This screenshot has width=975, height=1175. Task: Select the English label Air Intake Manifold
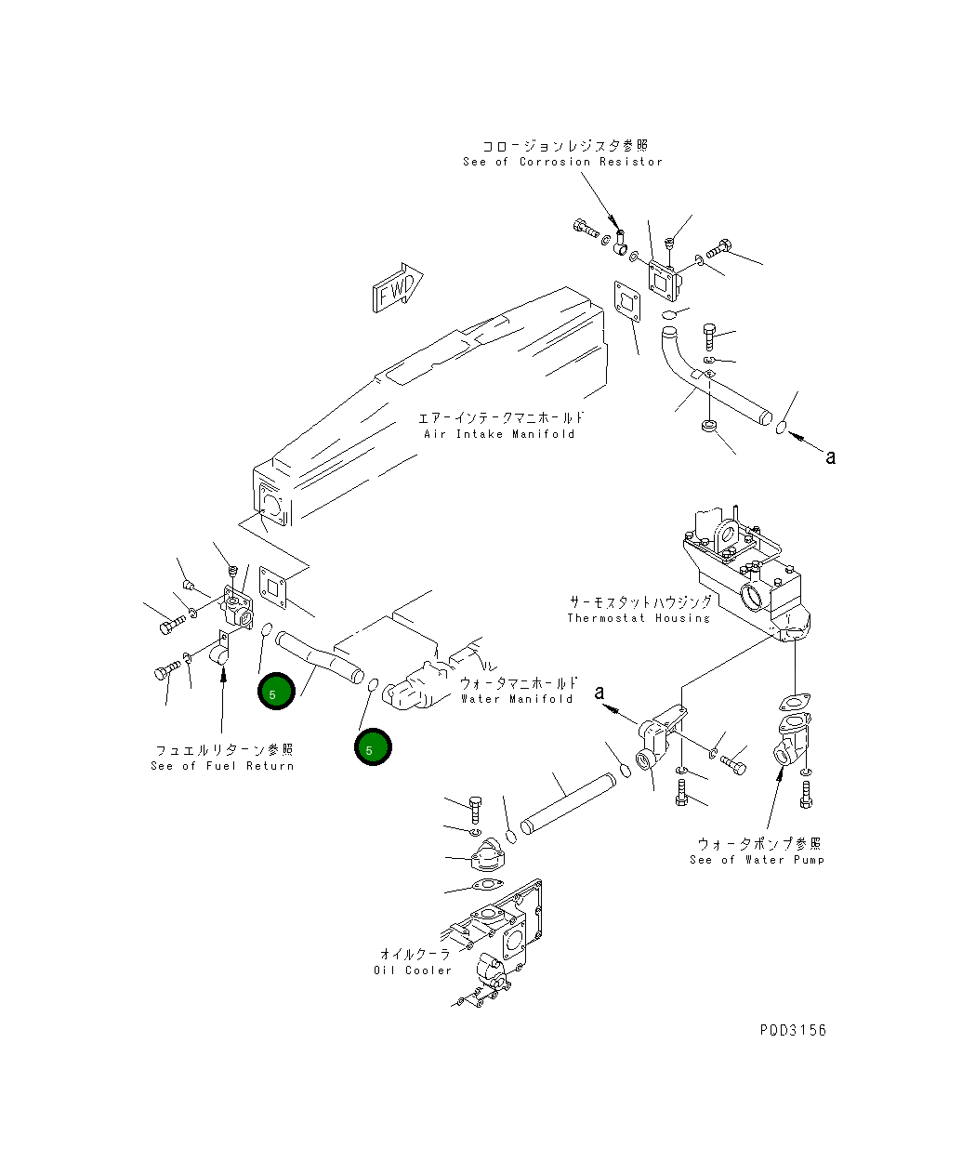pyautogui.click(x=499, y=433)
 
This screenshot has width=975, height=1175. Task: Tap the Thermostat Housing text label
pyautogui.click(x=639, y=618)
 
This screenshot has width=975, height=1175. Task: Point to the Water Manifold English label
pyautogui.click(x=517, y=698)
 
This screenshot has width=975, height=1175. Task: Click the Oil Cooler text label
pyautogui.click(x=413, y=970)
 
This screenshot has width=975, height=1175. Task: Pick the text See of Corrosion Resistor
pyautogui.click(x=563, y=162)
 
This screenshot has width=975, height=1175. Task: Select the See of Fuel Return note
pyautogui.click(x=222, y=765)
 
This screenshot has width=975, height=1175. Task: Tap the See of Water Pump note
pyautogui.click(x=757, y=859)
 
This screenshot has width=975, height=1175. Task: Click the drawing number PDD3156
pyautogui.click(x=792, y=1030)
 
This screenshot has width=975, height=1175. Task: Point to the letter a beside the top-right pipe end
pyautogui.click(x=831, y=456)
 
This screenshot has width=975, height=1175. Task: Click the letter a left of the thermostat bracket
pyautogui.click(x=599, y=693)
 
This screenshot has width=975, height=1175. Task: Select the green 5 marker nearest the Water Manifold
pyautogui.click(x=373, y=748)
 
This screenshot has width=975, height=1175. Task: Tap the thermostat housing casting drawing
pyautogui.click(x=744, y=576)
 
